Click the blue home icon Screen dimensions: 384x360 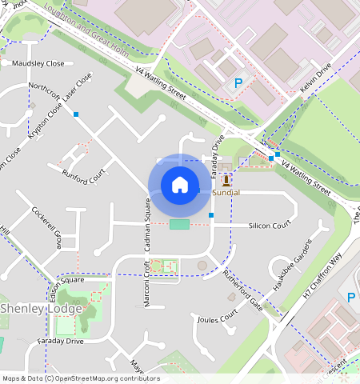pos(180,185)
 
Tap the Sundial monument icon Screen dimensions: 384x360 pos(226,180)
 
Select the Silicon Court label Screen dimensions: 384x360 pos(269,226)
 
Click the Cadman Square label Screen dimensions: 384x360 pos(148,223)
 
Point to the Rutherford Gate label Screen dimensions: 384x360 pos(243,288)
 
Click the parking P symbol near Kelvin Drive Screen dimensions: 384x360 pos(237,82)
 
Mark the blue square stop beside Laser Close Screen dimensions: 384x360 pos(76,115)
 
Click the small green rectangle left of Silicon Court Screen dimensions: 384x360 pos(180,224)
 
